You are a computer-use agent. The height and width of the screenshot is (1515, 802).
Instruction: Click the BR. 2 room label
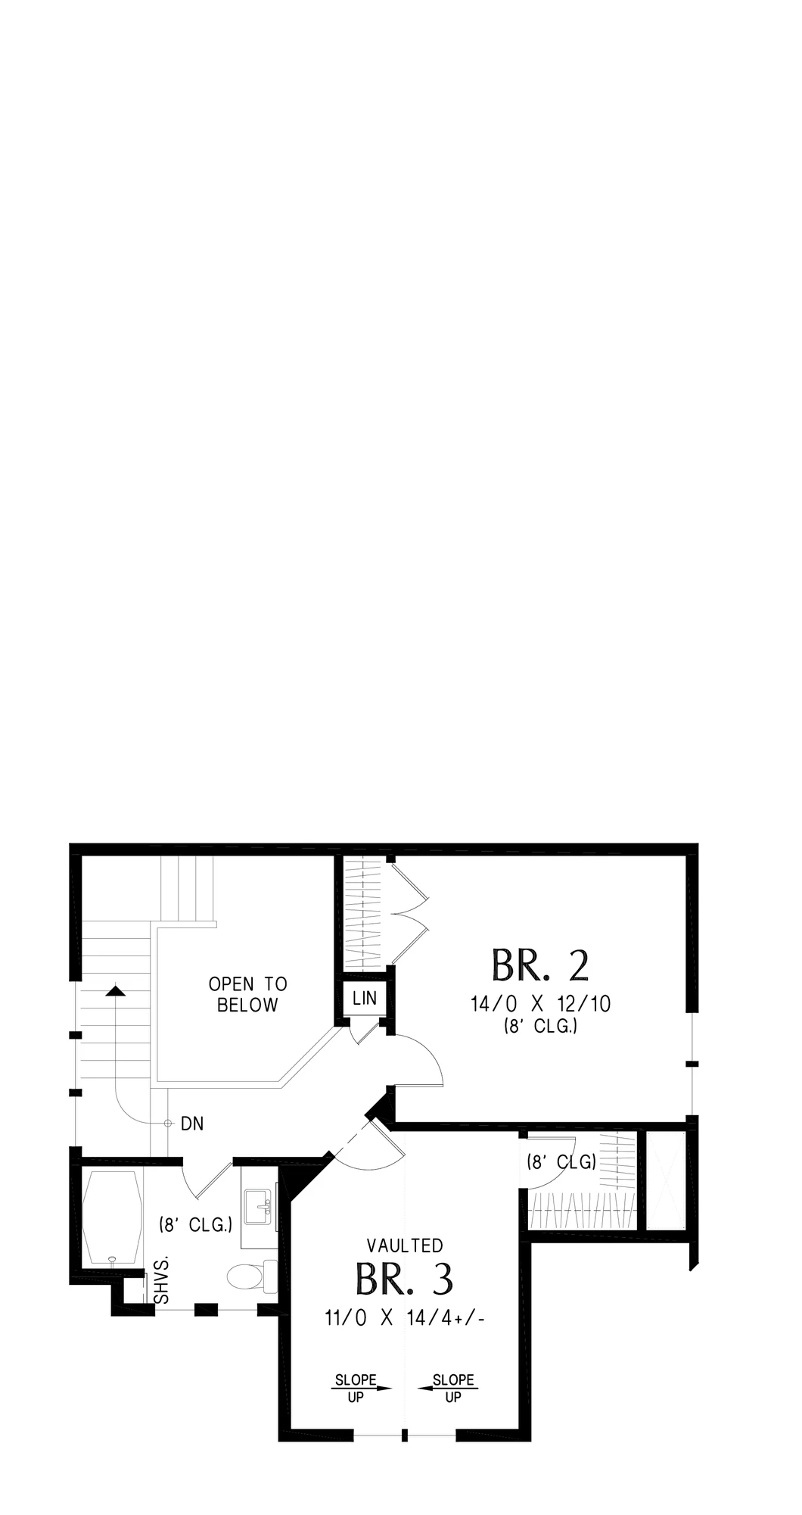tap(539, 965)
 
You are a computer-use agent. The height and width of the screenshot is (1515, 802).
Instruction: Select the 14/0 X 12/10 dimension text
tap(540, 1004)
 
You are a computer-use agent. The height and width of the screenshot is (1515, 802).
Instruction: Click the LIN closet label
tap(365, 998)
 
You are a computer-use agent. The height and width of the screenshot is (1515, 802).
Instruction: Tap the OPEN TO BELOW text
tap(248, 994)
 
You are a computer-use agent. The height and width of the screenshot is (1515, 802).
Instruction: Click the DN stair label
tap(192, 1124)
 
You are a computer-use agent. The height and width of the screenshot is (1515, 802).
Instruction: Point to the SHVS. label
tap(161, 1281)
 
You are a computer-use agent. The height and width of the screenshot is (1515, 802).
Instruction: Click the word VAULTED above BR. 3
tap(405, 1245)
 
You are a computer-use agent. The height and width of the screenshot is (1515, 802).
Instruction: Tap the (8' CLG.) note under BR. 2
tap(540, 1027)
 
